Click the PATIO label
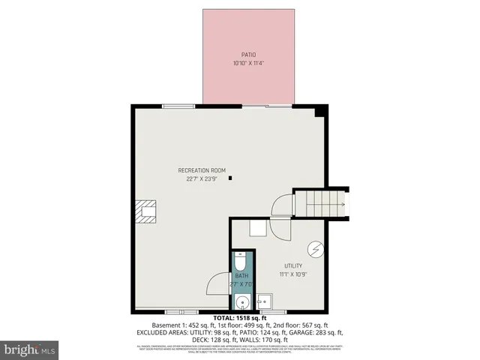tap(248, 54)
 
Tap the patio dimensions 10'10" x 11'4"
tap(248, 63)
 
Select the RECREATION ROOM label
tap(201, 170)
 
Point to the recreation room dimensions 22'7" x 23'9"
tap(201, 179)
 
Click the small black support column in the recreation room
tap(231, 178)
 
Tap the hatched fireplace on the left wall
tap(146, 212)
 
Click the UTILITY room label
tap(292, 266)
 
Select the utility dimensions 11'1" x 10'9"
tap(292, 274)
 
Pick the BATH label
tap(241, 277)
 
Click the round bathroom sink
tap(241, 302)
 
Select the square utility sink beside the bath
tap(262, 303)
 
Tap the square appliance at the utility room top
tap(257, 228)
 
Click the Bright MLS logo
tap(30, 349)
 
